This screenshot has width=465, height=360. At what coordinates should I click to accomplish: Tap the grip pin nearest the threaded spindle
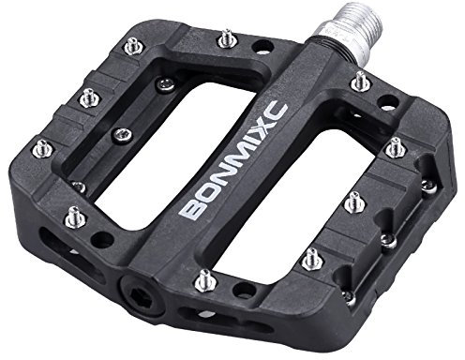pos(359,82)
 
